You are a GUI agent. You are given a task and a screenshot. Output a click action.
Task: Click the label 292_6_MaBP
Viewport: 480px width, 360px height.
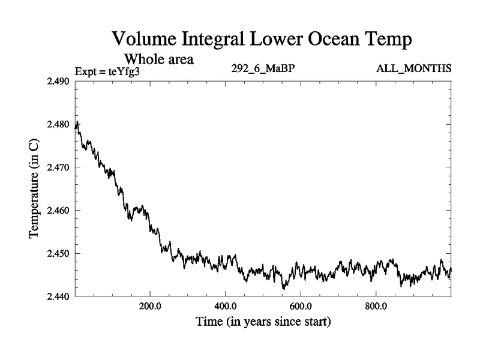[262, 68]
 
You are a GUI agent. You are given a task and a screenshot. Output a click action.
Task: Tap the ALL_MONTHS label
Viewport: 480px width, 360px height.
[413, 68]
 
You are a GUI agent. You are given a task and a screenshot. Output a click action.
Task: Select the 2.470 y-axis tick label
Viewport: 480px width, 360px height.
[59, 167]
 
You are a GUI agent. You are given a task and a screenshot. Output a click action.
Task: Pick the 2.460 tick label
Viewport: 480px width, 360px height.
[59, 211]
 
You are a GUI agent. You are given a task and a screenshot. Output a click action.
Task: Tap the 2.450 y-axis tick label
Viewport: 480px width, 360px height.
[59, 254]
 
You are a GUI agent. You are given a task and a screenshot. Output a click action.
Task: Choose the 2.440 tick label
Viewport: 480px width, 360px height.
[59, 296]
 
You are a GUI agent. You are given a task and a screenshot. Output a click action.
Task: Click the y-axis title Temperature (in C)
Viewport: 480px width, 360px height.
[34, 189]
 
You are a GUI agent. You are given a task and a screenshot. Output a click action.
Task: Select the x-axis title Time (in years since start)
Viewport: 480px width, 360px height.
[263, 322]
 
